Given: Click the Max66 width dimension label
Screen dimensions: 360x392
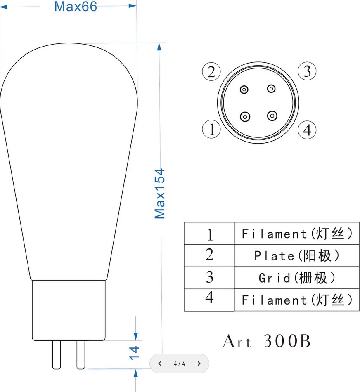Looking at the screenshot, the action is click(76, 7).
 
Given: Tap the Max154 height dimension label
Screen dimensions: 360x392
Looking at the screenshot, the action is click(160, 194).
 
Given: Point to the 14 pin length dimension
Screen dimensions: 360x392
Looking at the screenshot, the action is click(134, 353).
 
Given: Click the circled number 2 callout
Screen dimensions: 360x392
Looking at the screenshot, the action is click(211, 72).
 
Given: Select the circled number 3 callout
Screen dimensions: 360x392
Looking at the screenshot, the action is click(307, 71).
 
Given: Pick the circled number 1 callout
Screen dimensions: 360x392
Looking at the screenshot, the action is click(211, 129).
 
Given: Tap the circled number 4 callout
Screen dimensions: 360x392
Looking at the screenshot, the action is click(307, 130).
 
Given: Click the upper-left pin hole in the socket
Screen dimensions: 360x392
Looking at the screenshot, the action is click(244, 90).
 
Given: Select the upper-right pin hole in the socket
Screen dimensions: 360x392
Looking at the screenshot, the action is click(271, 88).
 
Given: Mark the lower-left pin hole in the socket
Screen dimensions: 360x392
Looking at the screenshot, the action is click(245, 117).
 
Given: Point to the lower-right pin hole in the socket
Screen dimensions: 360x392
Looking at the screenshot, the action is click(272, 116).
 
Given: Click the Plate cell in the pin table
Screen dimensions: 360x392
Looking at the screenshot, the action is click(297, 255).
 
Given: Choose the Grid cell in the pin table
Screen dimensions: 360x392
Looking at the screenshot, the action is click(297, 278).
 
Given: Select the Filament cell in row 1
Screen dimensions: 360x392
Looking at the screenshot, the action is click(297, 233).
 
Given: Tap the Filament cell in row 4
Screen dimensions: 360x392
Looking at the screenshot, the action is click(297, 300).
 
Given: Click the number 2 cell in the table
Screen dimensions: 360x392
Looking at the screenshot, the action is click(209, 255).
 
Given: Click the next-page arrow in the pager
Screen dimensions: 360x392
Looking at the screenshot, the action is click(199, 364).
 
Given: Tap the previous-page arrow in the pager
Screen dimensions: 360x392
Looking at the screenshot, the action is click(160, 364).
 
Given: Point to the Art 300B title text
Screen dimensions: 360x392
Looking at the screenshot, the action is click(267, 341).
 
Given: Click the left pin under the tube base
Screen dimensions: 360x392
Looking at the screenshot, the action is click(57, 355).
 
